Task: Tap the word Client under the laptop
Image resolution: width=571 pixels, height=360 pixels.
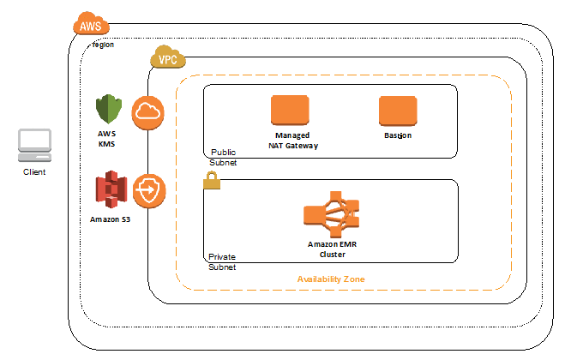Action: (x=34, y=171)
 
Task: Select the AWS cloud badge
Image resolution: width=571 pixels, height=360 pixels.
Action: (x=90, y=26)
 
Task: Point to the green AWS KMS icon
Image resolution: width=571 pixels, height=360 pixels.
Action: (x=109, y=111)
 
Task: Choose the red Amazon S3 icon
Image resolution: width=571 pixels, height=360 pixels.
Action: (x=111, y=188)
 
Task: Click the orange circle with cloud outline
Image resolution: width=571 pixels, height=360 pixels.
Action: (x=147, y=112)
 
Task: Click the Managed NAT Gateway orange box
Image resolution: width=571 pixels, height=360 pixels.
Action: (x=289, y=111)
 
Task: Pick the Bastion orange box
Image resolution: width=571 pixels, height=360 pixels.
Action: (x=397, y=111)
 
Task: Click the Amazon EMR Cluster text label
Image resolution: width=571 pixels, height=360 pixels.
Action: (x=331, y=249)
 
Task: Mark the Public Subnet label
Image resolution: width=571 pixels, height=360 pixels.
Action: (x=223, y=156)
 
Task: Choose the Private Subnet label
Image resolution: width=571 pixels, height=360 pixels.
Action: (x=222, y=261)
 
